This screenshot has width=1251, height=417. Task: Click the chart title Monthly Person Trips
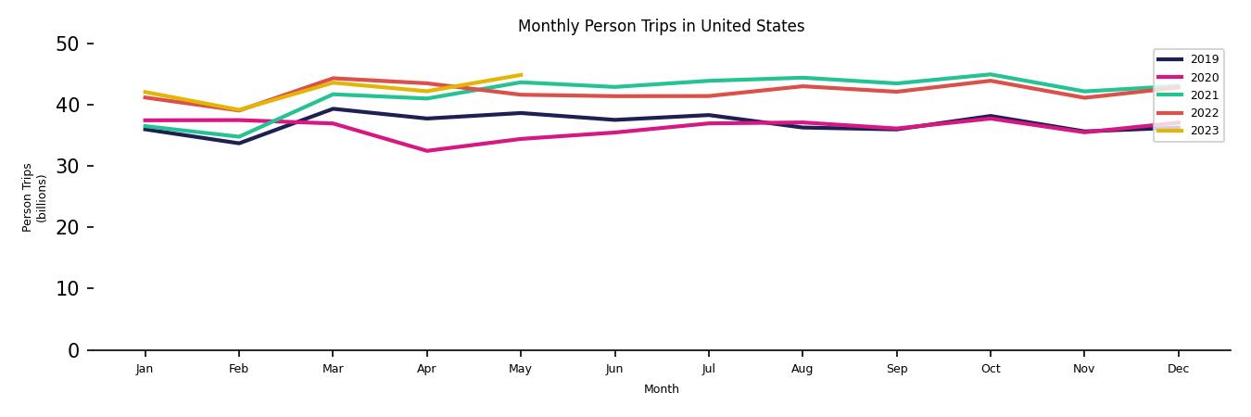pyautogui.click(x=661, y=26)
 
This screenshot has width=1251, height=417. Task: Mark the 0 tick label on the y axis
pyautogui.click(x=74, y=350)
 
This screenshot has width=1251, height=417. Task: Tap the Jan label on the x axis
pyautogui.click(x=145, y=369)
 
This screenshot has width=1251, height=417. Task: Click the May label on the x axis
pyautogui.click(x=520, y=369)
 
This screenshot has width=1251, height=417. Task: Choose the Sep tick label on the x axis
pyautogui.click(x=896, y=369)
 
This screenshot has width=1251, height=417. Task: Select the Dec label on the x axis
pyautogui.click(x=1178, y=369)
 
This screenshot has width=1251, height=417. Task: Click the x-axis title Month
pyautogui.click(x=661, y=389)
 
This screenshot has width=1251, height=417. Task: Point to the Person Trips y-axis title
pyautogui.click(x=34, y=197)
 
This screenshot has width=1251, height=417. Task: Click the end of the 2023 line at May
pyautogui.click(x=521, y=75)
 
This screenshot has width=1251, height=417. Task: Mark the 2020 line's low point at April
pyautogui.click(x=426, y=151)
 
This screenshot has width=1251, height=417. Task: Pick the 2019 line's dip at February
pyautogui.click(x=239, y=143)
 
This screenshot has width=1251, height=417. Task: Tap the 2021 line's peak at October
pyautogui.click(x=991, y=74)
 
